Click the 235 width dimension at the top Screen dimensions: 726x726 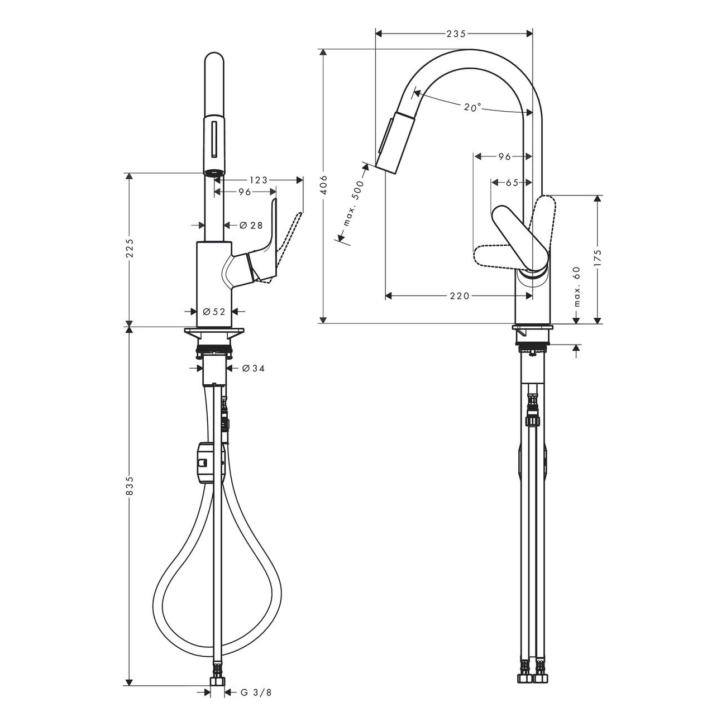tap(456, 34)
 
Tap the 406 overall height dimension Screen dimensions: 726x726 tap(324, 185)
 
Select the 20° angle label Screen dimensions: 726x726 tap(472, 107)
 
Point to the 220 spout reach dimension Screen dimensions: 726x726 tap(460, 296)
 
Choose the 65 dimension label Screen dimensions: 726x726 tap(512, 183)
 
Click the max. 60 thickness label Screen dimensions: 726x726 tap(577, 286)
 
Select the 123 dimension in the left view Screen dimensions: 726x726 tap(258, 180)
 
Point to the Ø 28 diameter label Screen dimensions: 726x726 tap(251, 225)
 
